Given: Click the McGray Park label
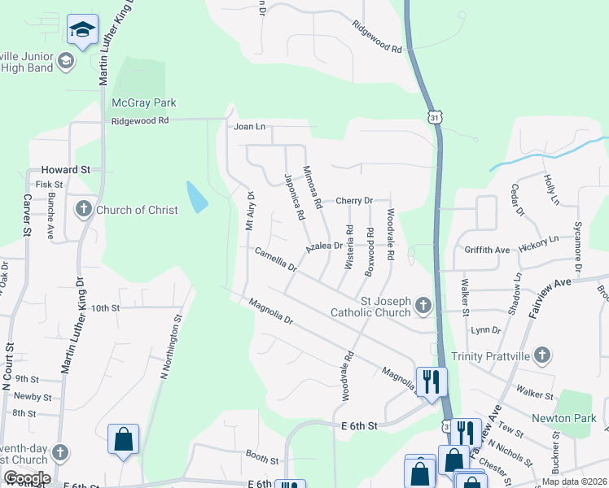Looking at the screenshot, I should pyautogui.click(x=143, y=103).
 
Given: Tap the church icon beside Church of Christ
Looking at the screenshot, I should pyautogui.click(x=83, y=210).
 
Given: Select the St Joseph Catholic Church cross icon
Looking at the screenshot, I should pyautogui.click(x=422, y=305).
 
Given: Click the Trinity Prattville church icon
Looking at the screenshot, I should pyautogui.click(x=543, y=355).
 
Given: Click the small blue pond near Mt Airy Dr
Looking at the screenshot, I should pyautogui.click(x=196, y=196).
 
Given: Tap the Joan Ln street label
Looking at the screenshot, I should pyautogui.click(x=250, y=127).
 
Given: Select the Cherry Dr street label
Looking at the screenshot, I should pyautogui.click(x=354, y=200).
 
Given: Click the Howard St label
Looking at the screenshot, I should pyautogui.click(x=64, y=171).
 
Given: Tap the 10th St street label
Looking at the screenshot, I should pyautogui.click(x=105, y=308).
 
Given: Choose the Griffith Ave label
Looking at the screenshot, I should pyautogui.click(x=486, y=250).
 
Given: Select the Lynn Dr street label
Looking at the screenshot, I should pyautogui.click(x=486, y=329).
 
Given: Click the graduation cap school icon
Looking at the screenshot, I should pyautogui.click(x=82, y=30).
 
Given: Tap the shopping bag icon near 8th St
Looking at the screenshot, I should pyautogui.click(x=123, y=439).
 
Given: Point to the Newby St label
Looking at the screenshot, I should pyautogui.click(x=33, y=397).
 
